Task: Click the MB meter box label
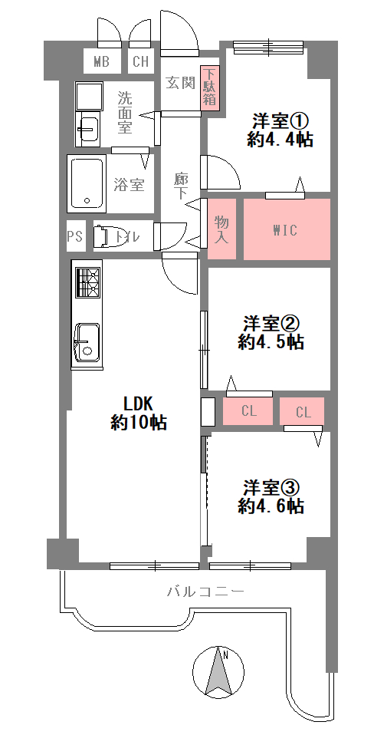tap(101, 61)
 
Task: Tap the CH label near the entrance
tap(141, 61)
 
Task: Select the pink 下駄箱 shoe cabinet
tap(210, 87)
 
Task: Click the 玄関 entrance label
tap(180, 83)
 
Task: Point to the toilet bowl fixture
tap(103, 236)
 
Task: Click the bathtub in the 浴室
tap(87, 183)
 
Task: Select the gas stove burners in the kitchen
tap(87, 282)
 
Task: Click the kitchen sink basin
tap(87, 341)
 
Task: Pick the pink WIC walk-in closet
tap(287, 229)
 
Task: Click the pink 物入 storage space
tap(221, 229)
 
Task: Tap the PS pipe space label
tap(74, 236)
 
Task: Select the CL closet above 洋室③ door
tap(302, 411)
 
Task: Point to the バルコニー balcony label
tap(205, 592)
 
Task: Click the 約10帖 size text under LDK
tap(139, 423)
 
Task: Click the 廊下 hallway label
tap(180, 186)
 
